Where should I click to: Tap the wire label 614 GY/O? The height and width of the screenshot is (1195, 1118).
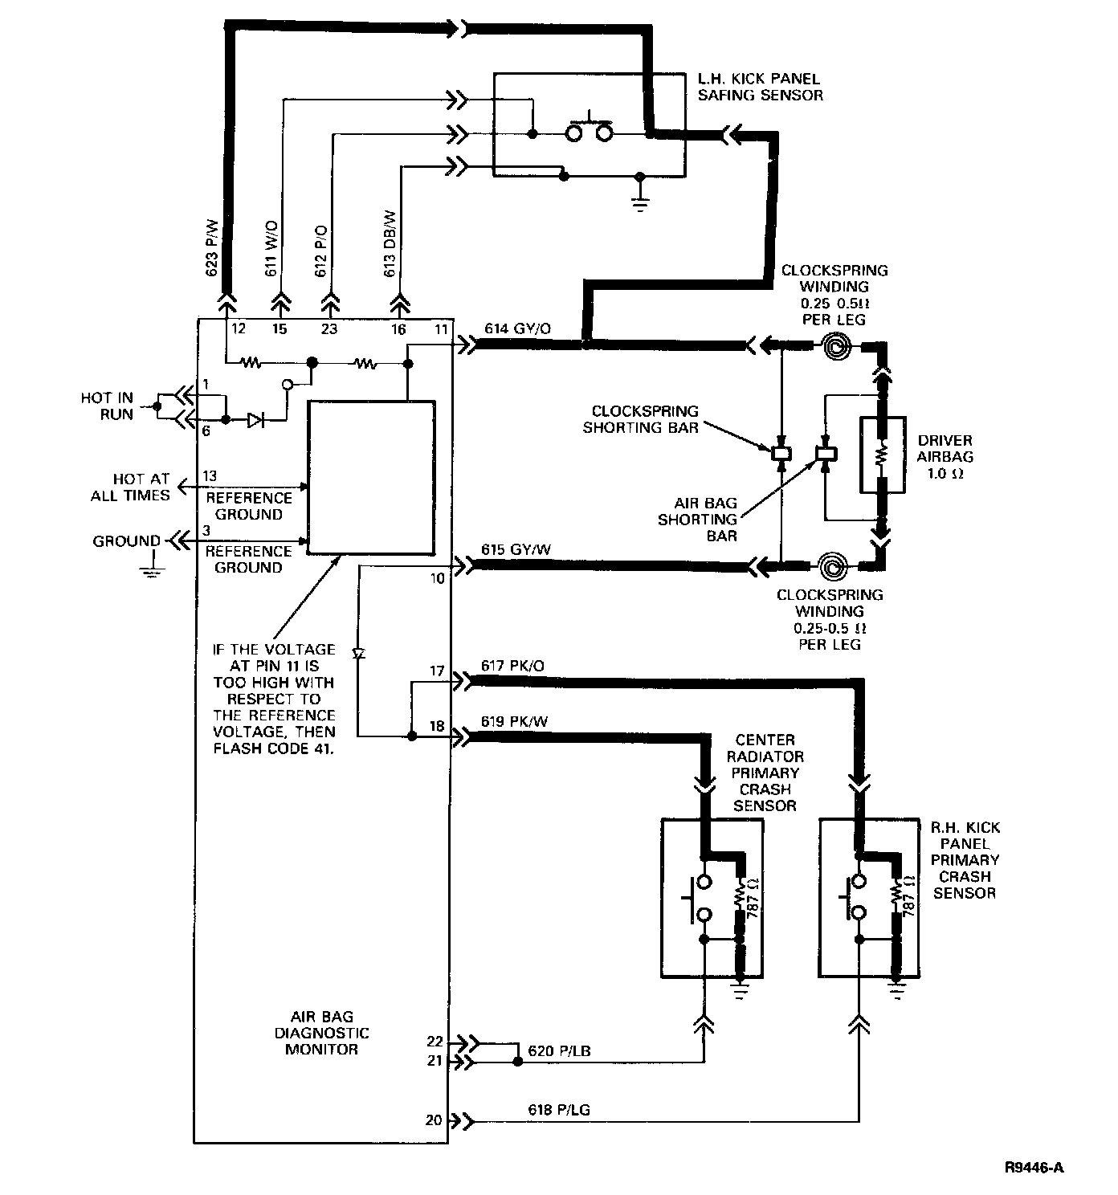click(x=517, y=328)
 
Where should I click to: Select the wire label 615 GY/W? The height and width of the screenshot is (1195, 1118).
click(x=517, y=550)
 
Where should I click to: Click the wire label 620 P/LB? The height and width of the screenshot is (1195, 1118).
click(x=560, y=1050)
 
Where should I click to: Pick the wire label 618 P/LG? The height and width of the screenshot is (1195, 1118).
click(x=560, y=1110)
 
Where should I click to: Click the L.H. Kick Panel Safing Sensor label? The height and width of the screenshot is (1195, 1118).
click(x=760, y=87)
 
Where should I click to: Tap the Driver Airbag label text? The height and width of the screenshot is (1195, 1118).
click(x=945, y=456)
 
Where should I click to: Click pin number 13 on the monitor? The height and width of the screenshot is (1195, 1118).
click(x=210, y=476)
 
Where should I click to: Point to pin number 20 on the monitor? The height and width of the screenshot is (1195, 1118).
click(x=434, y=1120)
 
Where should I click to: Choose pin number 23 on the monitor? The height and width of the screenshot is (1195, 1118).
click(x=329, y=328)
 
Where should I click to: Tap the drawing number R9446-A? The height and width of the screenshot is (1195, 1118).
click(x=1034, y=1168)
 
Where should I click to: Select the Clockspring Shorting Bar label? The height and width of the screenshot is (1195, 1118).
click(x=640, y=418)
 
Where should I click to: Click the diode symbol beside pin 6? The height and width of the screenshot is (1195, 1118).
click(x=255, y=419)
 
